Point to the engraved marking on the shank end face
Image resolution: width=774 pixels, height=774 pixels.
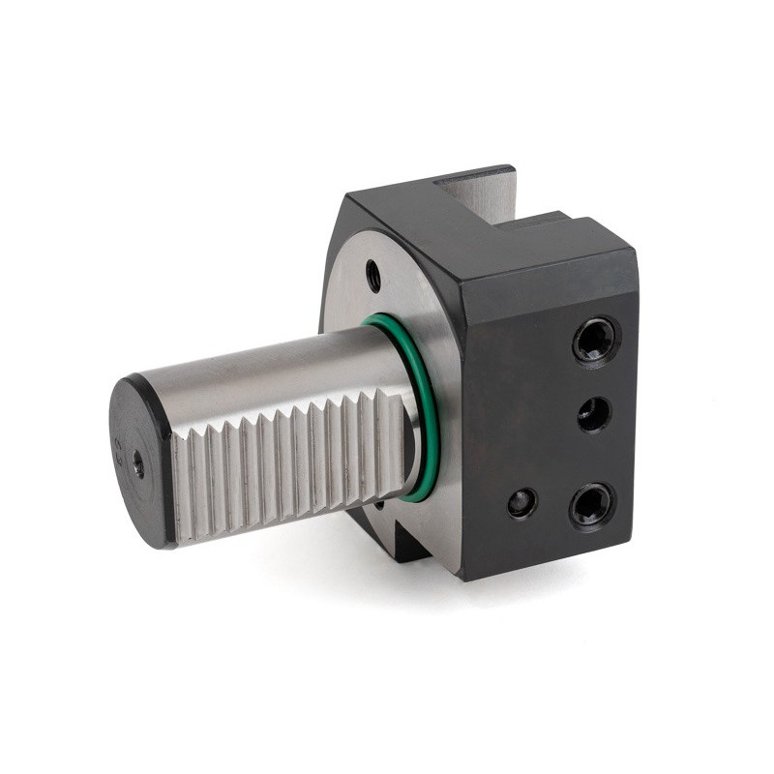tap(119, 449)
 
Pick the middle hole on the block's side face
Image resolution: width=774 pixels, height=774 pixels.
tap(594, 415)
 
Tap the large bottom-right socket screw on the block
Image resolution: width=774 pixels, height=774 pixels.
tap(591, 503)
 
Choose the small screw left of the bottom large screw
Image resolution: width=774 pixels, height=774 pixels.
tap(521, 502)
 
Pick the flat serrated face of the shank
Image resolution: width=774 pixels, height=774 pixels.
tap(290, 464)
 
